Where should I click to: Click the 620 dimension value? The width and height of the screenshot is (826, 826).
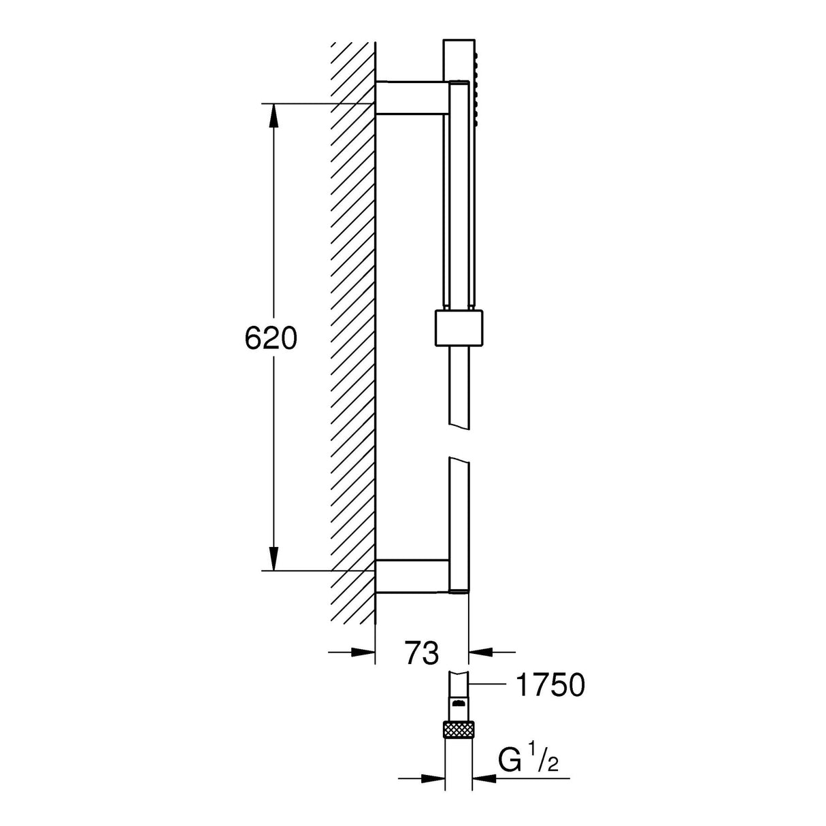(x=271, y=338)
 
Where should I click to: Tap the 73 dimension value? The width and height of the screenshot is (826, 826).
(x=422, y=652)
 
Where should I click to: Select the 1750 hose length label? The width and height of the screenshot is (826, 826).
(x=551, y=685)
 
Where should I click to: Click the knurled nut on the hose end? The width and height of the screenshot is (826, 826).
(x=457, y=729)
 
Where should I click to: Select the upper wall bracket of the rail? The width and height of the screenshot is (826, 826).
(x=412, y=99)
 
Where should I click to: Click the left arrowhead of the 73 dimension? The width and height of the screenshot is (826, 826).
(x=364, y=652)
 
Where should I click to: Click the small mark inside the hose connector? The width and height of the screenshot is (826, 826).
(x=458, y=703)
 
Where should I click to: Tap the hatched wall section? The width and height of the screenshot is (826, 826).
(x=352, y=340)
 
